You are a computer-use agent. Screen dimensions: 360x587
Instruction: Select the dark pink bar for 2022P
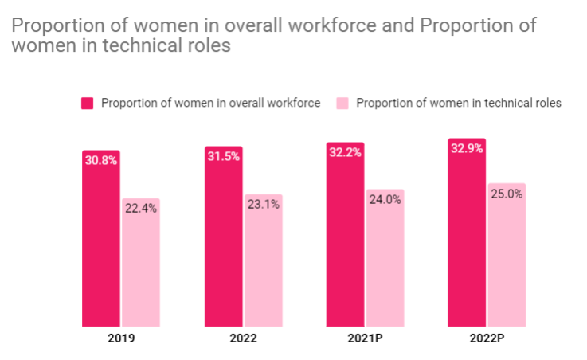point(467,239)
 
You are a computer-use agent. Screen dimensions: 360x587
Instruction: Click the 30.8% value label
point(101,160)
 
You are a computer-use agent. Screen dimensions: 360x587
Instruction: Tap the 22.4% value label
point(141,209)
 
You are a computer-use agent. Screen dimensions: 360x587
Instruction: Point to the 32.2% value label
point(345,152)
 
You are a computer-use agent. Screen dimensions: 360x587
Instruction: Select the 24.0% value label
point(385,200)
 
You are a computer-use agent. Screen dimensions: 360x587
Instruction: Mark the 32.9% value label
point(467,148)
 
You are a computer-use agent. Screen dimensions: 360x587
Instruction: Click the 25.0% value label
point(507,194)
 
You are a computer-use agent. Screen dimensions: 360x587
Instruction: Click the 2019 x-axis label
point(121,338)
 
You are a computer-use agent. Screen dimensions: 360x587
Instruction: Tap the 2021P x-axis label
point(365,338)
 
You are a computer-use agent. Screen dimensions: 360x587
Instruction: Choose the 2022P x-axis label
point(487,338)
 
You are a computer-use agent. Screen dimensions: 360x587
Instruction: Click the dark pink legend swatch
point(88,103)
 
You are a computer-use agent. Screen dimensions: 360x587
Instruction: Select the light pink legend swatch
point(342,103)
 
